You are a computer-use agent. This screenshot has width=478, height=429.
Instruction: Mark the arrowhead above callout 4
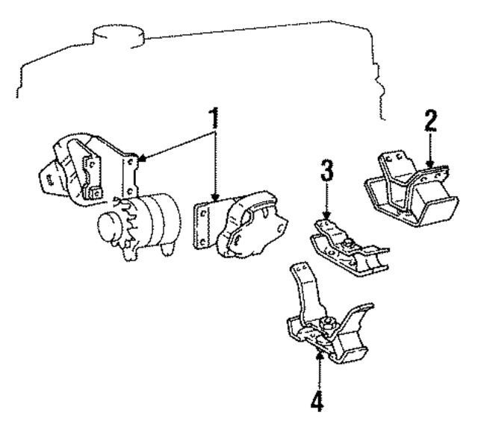320,356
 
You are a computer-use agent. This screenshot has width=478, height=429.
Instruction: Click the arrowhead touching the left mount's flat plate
140,158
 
